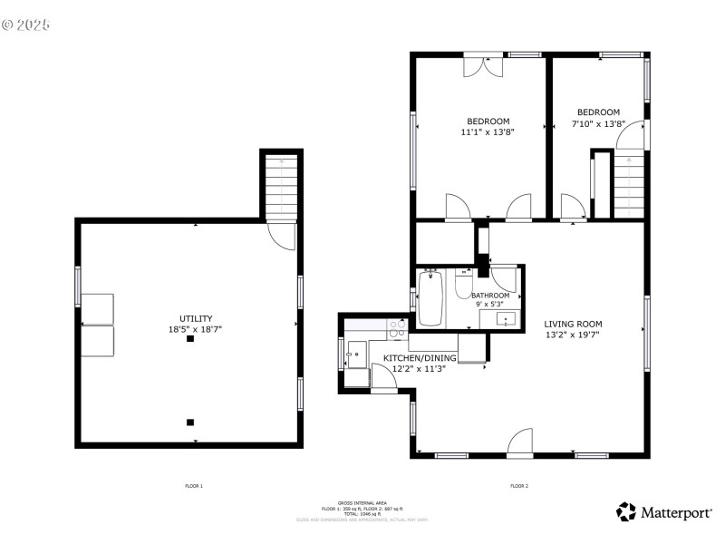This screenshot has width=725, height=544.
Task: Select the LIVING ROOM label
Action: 573,324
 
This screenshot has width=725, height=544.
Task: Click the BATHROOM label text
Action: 489,296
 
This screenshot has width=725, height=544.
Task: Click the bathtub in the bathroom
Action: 430,298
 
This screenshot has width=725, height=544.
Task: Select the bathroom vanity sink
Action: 504,318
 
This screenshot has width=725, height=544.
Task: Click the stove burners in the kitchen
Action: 397,325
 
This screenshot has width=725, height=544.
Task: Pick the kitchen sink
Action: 355,355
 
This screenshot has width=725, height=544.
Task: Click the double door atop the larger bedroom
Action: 482,65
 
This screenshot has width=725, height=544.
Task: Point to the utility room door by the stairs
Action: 283,236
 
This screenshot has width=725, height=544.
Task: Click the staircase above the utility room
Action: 282,187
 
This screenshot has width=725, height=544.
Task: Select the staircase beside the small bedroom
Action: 627,186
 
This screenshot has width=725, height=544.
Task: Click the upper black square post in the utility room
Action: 190,340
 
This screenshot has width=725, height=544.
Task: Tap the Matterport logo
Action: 663,512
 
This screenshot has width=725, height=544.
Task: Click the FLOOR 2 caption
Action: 519,487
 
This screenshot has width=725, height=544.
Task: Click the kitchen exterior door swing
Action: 384,381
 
